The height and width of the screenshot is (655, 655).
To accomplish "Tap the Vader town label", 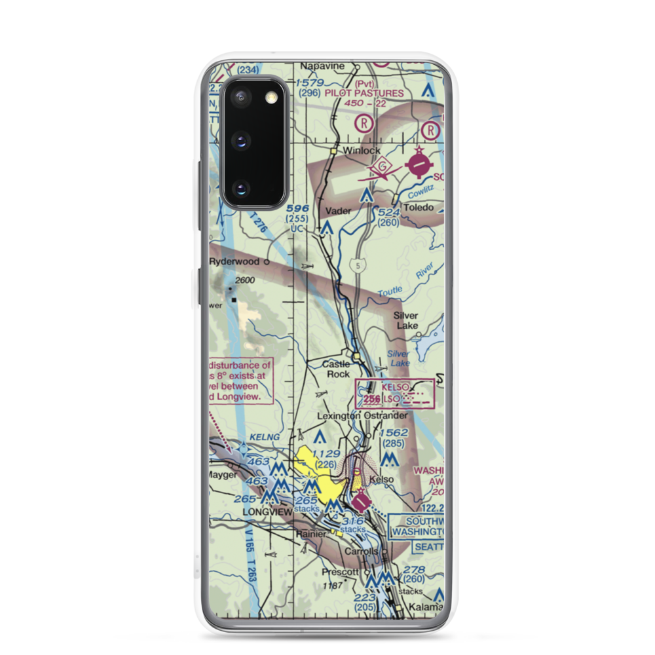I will click(x=338, y=211).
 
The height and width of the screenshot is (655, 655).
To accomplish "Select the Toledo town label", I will click(x=418, y=208).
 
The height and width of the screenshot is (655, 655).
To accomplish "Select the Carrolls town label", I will click(x=361, y=552).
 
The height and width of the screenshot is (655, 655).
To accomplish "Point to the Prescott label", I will click(x=339, y=572).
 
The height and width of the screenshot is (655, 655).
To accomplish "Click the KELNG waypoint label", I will click(x=259, y=436).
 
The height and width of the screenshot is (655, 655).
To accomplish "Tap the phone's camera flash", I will click(x=270, y=98).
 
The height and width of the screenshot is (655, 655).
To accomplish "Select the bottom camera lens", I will click(x=240, y=189).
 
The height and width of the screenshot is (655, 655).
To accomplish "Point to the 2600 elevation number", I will click(x=244, y=280).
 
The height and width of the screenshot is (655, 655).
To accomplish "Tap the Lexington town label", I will click(x=339, y=415).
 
